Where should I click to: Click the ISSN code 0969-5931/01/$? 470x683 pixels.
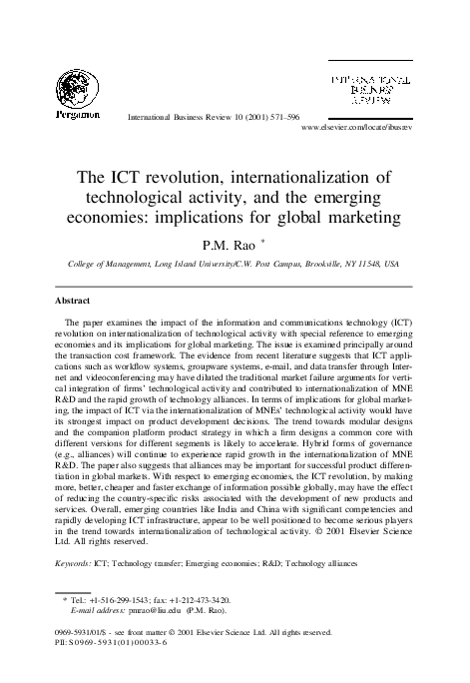[92, 632]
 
